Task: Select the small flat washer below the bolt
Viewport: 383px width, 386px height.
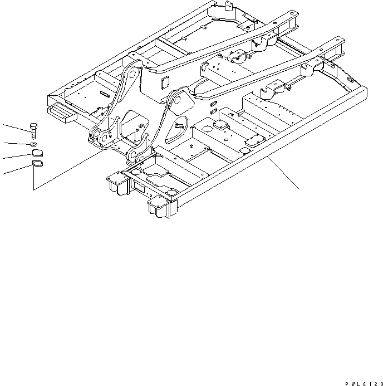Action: pyautogui.click(x=35, y=145)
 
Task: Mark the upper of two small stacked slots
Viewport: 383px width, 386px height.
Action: pyautogui.click(x=213, y=104)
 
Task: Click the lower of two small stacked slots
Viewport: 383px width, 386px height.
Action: pyautogui.click(x=213, y=111)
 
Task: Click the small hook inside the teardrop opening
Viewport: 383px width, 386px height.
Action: pyautogui.click(x=179, y=127)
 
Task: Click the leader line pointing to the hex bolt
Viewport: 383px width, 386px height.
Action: pyautogui.click(x=14, y=127)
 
